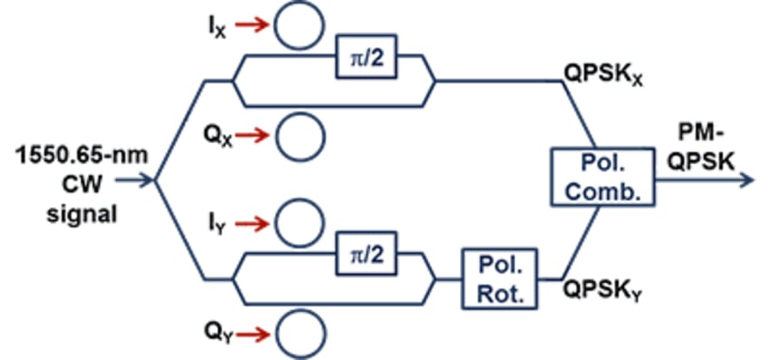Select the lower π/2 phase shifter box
coord(366,256)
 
